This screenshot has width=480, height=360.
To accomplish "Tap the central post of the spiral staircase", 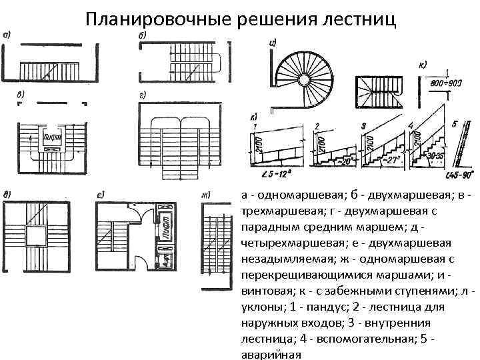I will click(x=303, y=80).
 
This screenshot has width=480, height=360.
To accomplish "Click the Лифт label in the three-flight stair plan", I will click(x=51, y=139).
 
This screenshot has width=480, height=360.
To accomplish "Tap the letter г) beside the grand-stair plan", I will click(x=142, y=96).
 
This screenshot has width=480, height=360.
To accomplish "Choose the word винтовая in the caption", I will click(x=265, y=292).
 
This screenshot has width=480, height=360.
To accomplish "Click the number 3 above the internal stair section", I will click(x=363, y=125).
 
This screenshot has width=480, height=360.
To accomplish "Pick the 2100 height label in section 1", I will click(x=256, y=142).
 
